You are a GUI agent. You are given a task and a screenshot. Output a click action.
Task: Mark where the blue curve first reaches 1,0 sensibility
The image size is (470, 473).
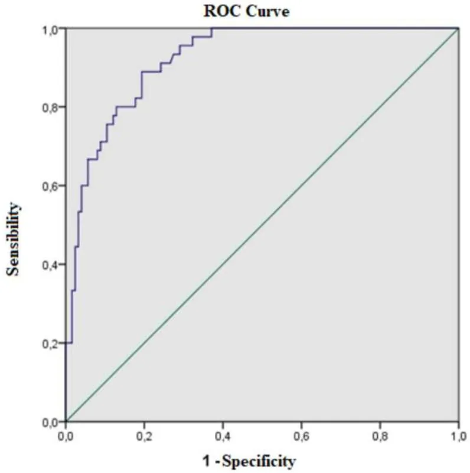click(212, 28)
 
